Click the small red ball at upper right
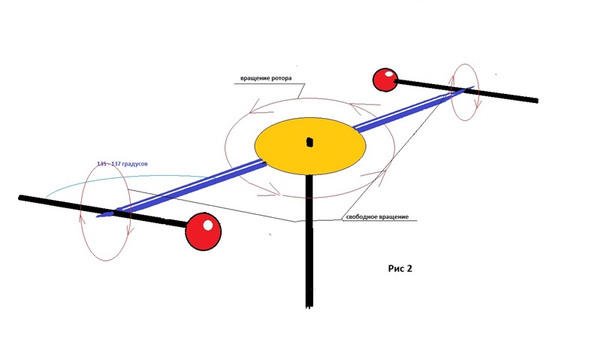(385, 79)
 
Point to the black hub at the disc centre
(310, 141)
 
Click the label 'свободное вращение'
(377, 217)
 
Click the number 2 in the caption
(409, 268)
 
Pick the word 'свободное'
(363, 217)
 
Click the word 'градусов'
(138, 164)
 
